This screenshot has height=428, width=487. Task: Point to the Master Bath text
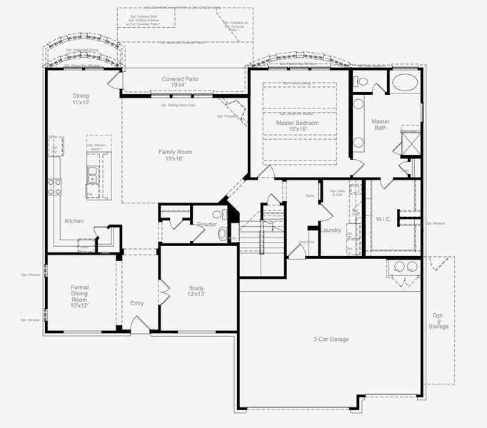click(x=381, y=124)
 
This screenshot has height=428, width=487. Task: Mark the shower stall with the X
click(x=411, y=141)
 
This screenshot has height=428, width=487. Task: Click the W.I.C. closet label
click(x=384, y=219)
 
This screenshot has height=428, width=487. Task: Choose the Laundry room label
click(x=331, y=230)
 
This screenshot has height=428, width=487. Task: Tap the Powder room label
click(x=207, y=224)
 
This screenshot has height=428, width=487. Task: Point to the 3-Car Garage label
click(x=331, y=339)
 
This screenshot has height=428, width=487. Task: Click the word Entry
click(x=137, y=303)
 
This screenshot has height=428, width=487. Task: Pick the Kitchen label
click(x=74, y=221)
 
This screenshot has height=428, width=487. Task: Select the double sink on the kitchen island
click(x=92, y=173)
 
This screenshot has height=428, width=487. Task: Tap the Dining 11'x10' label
click(x=81, y=99)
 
